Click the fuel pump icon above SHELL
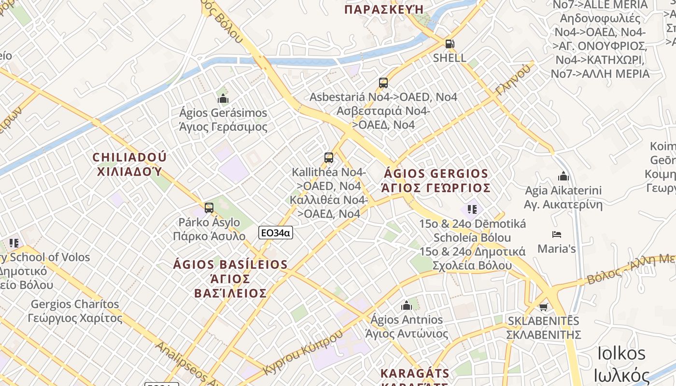[450, 44]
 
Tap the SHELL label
[450, 58]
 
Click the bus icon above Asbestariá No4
[383, 83]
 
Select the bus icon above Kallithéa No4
[329, 158]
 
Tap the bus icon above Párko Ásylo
[209, 208]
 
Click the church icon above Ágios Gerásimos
[223, 99]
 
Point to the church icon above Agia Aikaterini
[563, 177]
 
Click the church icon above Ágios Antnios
[406, 305]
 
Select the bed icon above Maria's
[557, 235]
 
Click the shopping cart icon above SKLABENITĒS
[543, 307]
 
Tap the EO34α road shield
[276, 233]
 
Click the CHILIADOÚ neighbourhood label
[129, 157]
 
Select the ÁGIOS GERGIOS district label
[436, 174]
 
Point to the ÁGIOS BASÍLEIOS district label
[230, 264]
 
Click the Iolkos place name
[621, 353]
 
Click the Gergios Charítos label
[75, 304]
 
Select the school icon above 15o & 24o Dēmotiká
[472, 209]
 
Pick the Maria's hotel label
[557, 249]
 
